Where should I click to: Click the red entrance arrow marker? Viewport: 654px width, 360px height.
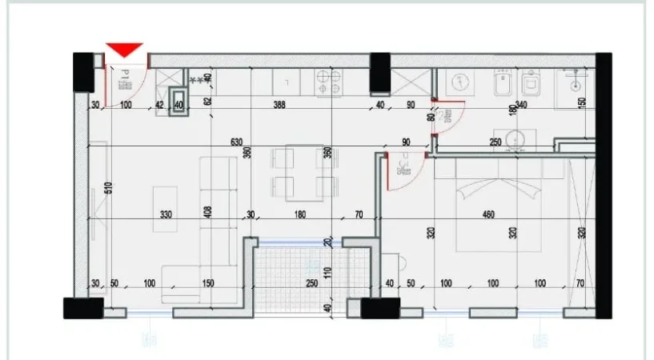point(126,50)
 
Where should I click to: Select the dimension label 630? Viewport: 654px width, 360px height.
point(236,142)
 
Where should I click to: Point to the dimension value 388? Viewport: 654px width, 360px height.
point(279,105)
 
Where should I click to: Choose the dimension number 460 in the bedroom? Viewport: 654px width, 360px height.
point(490,214)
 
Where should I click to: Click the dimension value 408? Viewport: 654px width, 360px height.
point(208,213)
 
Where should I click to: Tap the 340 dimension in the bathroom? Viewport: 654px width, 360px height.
point(520,105)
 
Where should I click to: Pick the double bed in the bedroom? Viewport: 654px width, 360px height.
point(499,204)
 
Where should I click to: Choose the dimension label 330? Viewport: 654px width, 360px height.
point(166,214)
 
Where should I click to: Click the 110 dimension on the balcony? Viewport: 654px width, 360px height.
point(328,271)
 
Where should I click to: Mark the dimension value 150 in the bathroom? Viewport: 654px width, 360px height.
point(582,102)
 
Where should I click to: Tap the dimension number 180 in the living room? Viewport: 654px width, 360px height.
point(301,214)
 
